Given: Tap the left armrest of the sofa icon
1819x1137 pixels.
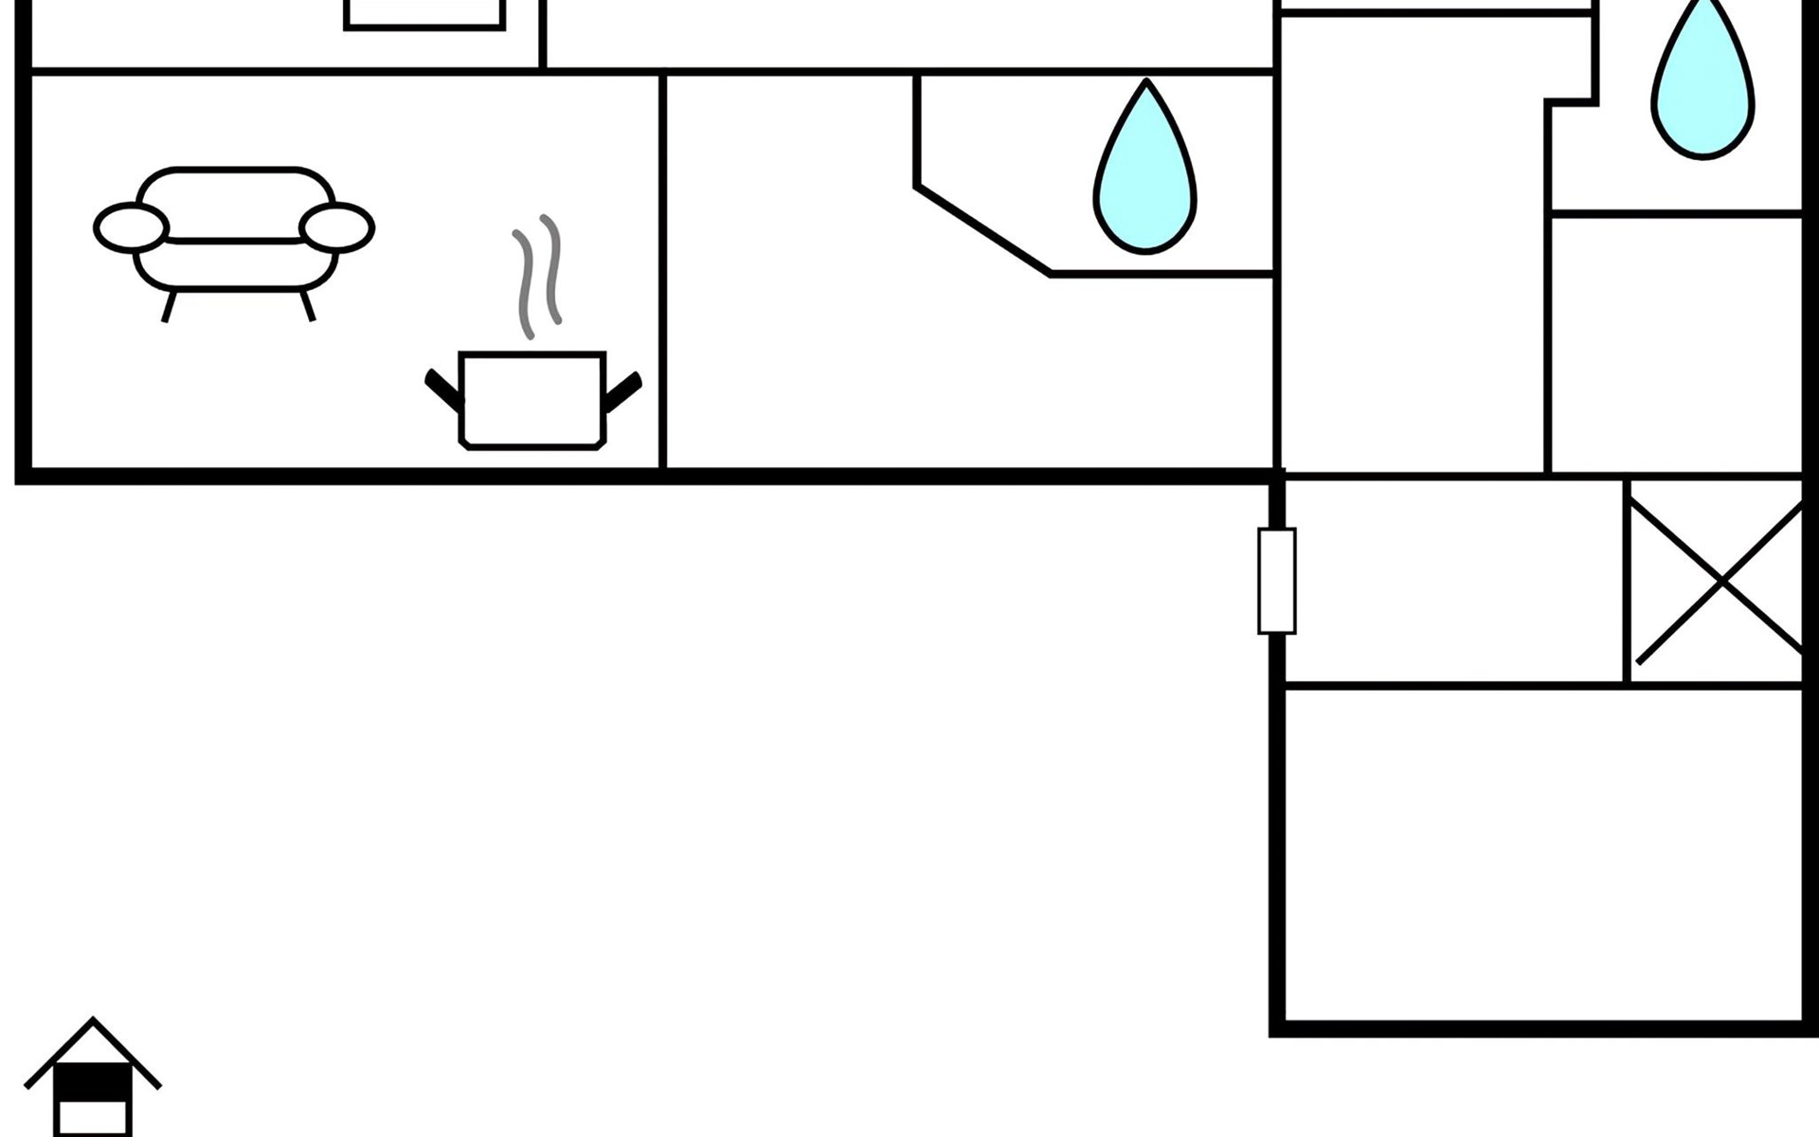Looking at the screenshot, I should point(131,227).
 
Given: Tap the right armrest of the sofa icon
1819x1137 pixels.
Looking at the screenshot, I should point(337,228).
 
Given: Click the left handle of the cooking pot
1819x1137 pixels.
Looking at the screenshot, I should point(442,388).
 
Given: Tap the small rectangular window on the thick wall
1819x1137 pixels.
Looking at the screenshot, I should point(1276,580).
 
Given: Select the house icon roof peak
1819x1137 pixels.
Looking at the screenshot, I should point(93,1023).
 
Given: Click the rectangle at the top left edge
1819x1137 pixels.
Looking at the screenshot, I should point(423,14).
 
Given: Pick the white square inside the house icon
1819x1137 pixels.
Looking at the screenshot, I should point(92,1117).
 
